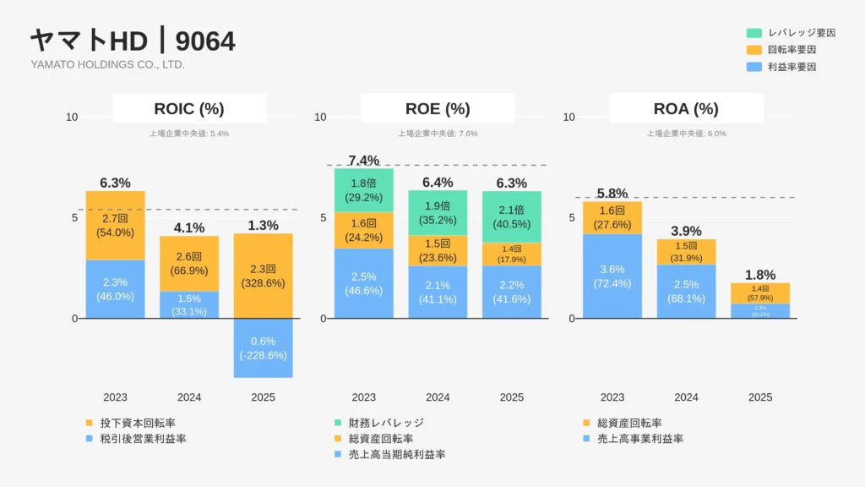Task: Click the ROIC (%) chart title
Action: click(189, 108)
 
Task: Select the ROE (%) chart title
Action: click(438, 108)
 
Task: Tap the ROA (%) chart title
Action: click(686, 108)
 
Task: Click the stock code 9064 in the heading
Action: click(206, 41)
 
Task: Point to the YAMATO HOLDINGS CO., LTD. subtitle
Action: click(107, 64)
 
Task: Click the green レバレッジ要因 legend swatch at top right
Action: click(754, 33)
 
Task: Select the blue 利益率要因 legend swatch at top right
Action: click(754, 67)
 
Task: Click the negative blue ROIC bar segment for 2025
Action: click(263, 347)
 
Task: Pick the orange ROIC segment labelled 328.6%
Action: click(263, 276)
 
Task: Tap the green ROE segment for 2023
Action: click(363, 190)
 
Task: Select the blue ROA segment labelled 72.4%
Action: click(612, 276)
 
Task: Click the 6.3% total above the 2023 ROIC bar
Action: click(115, 183)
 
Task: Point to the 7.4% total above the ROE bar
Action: click(363, 161)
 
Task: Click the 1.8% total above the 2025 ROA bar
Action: click(760, 275)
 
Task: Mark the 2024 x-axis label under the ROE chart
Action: click(438, 397)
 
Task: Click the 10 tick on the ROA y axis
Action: click(569, 117)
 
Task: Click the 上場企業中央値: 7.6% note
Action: click(438, 134)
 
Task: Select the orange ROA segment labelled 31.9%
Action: click(686, 252)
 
